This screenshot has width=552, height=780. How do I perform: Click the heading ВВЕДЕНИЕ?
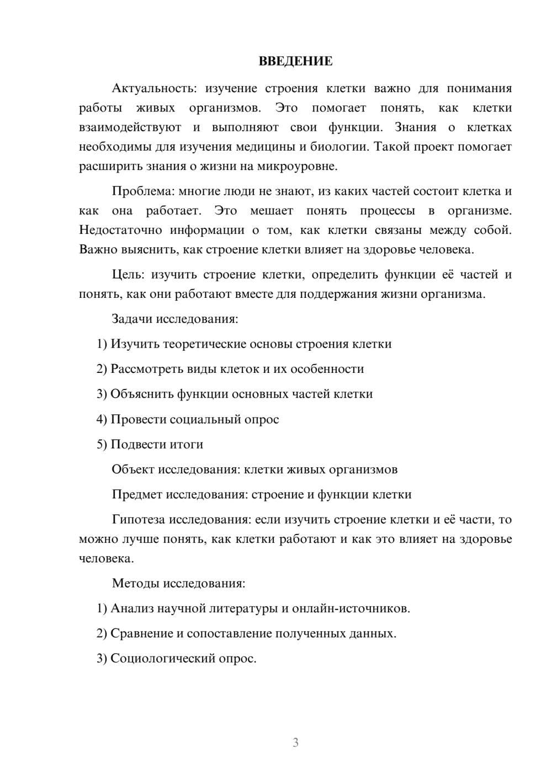click(295, 61)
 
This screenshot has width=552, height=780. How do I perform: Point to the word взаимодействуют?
click(130, 127)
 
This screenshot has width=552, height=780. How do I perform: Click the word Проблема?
click(143, 191)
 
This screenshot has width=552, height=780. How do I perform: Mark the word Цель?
click(128, 275)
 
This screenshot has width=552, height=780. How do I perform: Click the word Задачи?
click(132, 319)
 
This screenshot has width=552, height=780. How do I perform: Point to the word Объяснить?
click(142, 394)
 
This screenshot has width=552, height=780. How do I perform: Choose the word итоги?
click(187, 445)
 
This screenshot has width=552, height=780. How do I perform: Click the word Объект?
click(133, 469)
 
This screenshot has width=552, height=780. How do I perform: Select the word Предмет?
click(137, 495)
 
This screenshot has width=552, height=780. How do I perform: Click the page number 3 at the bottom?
click(295, 742)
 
